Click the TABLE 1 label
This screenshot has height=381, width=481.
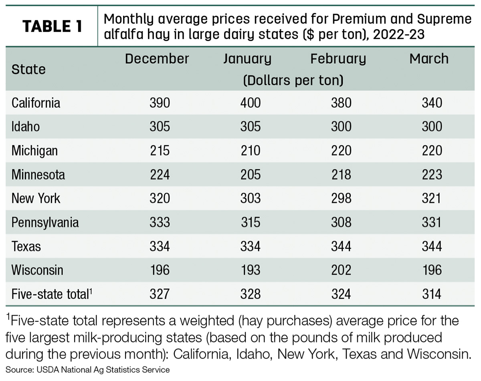[x=53, y=26]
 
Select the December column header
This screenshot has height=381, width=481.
[x=157, y=58]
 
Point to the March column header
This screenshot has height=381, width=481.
[x=429, y=58]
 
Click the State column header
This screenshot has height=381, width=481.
[x=28, y=69]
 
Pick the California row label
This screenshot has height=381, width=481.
[x=36, y=103]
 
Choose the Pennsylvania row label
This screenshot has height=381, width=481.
[x=45, y=223]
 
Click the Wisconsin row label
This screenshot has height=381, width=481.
[x=37, y=270]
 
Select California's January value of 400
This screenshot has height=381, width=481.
[x=251, y=103]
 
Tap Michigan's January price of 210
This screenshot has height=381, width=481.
[x=251, y=151]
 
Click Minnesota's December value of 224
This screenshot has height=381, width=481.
[x=160, y=175]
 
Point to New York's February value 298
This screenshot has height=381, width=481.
[x=341, y=198]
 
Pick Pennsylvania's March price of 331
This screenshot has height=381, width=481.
[x=432, y=222]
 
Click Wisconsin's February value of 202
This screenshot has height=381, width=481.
[x=341, y=270]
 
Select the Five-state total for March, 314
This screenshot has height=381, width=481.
[x=432, y=294]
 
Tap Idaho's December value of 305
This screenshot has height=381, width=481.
[x=160, y=127]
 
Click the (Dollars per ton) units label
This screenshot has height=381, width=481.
[x=293, y=80]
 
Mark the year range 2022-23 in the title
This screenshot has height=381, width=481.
[x=398, y=34]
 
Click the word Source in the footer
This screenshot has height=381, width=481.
[x=19, y=370]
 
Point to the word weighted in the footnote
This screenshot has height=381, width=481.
[x=207, y=321]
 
